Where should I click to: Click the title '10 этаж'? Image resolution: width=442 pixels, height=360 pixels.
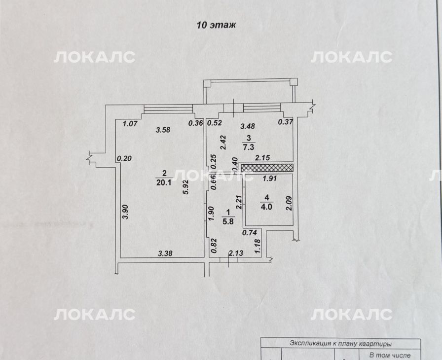(216, 25)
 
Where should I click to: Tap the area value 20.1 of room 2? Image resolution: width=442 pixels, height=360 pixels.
(164, 182)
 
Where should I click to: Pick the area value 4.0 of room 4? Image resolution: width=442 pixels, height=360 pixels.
(266, 207)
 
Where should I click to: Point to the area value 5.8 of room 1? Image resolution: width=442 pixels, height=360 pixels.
(228, 221)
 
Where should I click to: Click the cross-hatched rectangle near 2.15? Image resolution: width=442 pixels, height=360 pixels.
(267, 168)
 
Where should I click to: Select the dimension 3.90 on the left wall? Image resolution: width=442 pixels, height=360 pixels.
(126, 212)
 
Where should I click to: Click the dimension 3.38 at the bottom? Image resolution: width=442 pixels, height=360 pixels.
(165, 253)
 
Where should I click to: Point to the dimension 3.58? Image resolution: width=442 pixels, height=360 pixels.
(163, 130)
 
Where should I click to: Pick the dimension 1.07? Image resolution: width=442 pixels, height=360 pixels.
(130, 123)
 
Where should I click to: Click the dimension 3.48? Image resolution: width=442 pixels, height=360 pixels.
(248, 126)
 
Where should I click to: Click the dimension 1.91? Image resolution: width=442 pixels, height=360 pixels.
(269, 179)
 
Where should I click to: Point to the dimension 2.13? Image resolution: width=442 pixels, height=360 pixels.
(236, 253)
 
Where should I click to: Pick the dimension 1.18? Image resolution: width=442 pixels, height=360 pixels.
(257, 246)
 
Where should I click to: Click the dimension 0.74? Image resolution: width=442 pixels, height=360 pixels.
(250, 232)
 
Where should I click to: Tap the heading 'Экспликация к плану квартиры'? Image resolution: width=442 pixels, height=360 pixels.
(341, 344)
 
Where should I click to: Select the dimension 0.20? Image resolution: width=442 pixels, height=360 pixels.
(124, 158)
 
